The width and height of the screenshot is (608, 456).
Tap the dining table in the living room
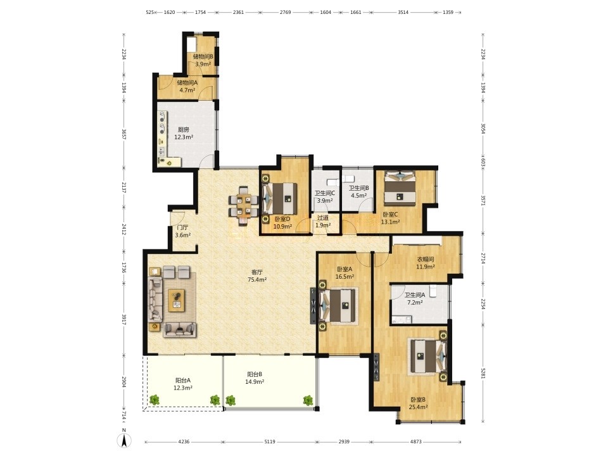pyautogui.click(x=244, y=205)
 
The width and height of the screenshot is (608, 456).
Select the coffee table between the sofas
pyautogui.click(x=177, y=300)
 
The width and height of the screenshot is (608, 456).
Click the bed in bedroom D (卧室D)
pyautogui.click(x=281, y=198)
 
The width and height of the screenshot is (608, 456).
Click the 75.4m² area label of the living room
pyautogui.click(x=257, y=279)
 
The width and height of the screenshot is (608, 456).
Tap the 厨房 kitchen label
pyautogui.click(x=184, y=129)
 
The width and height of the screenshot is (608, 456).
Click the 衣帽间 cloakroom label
pyautogui.click(x=426, y=259)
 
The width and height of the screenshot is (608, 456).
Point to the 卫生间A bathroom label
pyautogui.click(x=414, y=295)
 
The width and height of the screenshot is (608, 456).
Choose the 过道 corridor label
pyautogui.click(x=322, y=217)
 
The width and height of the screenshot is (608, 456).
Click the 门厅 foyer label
pyautogui.click(x=182, y=227)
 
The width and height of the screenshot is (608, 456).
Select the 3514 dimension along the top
pyautogui.click(x=403, y=12)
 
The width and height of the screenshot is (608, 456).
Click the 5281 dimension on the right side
pyautogui.click(x=483, y=372)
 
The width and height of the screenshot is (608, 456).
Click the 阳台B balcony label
pyautogui.click(x=255, y=374)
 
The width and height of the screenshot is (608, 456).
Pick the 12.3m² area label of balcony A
pyautogui.click(x=183, y=388)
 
